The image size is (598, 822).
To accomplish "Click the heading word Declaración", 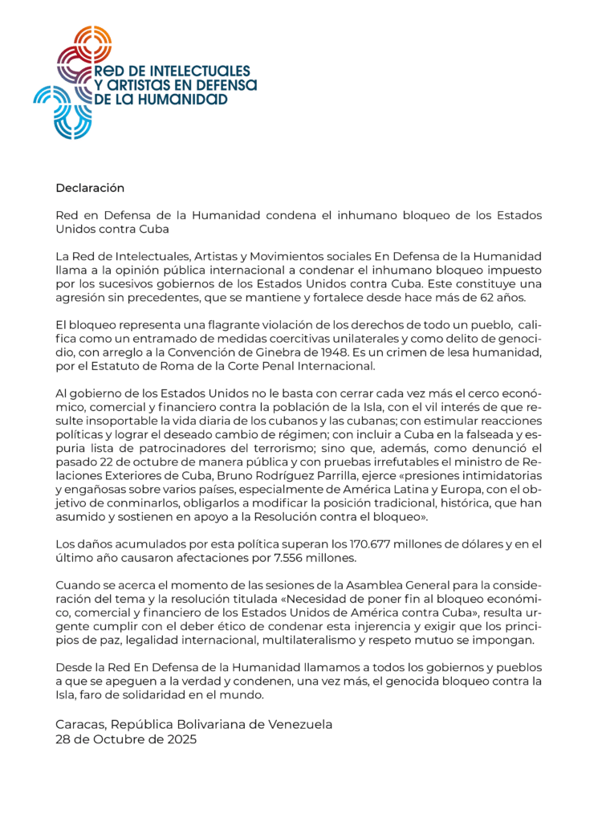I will [90, 188].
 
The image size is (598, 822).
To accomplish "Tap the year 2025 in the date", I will [178, 739].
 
